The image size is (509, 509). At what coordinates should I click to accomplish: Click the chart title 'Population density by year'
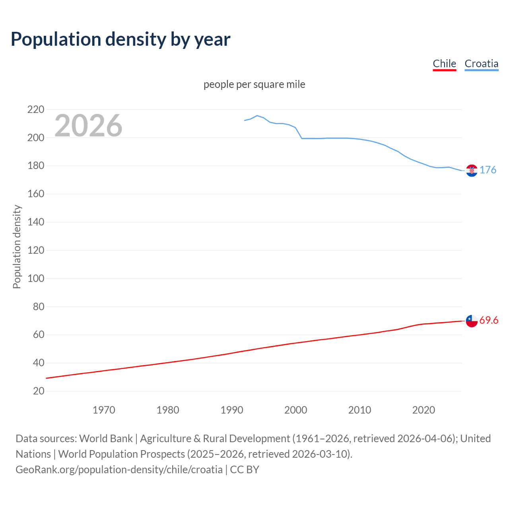[120, 39]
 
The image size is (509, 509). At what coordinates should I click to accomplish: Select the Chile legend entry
[444, 64]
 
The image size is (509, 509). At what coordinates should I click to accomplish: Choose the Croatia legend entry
[481, 64]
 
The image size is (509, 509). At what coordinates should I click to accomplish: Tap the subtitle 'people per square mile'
[254, 85]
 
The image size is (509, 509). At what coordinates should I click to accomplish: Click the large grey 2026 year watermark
[88, 126]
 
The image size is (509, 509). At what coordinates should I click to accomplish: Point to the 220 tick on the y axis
[36, 109]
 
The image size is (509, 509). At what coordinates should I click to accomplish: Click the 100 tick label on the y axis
[36, 278]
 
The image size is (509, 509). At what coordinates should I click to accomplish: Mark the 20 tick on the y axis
[39, 391]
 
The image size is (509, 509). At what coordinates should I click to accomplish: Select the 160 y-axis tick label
[36, 194]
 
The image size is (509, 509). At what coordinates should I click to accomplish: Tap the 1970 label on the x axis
[104, 410]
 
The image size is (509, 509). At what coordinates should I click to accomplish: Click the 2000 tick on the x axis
[295, 410]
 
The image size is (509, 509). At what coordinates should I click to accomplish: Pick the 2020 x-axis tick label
[424, 410]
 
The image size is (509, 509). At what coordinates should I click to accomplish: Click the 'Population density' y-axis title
[17, 247]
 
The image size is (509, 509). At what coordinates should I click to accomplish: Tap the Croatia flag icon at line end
[472, 171]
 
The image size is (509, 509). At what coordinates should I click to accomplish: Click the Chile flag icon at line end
[472, 321]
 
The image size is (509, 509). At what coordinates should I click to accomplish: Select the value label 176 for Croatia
[488, 170]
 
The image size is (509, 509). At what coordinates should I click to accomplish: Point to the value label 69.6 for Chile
[489, 321]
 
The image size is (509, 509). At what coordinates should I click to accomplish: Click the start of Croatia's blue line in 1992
[245, 120]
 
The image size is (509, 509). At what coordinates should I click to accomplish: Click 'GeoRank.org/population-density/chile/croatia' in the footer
[119, 470]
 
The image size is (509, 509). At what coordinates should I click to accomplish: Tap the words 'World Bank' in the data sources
[106, 439]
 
